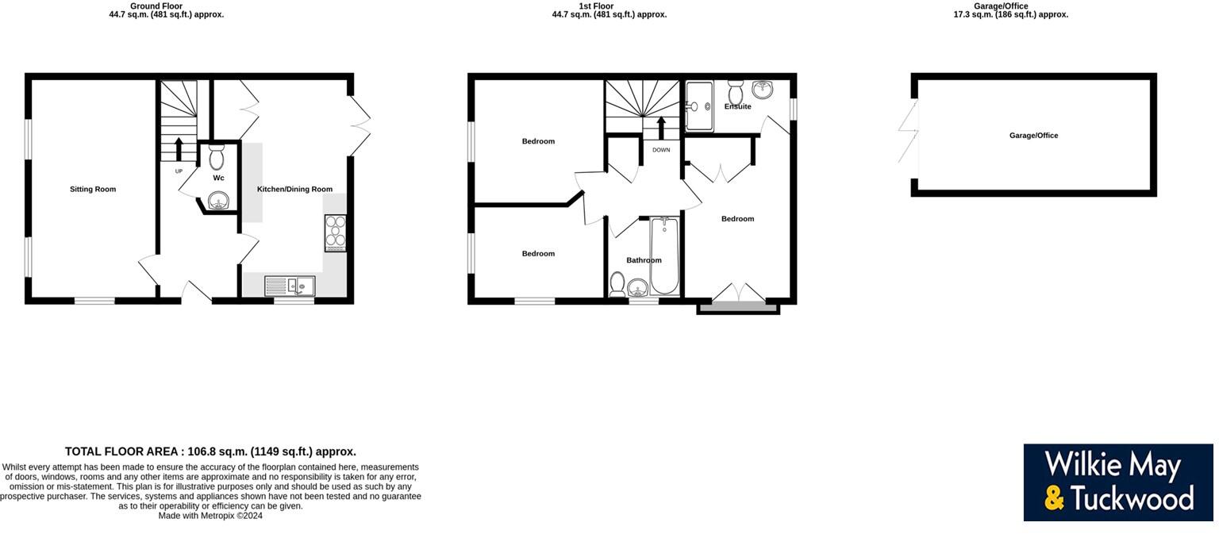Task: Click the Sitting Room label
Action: coord(93,190)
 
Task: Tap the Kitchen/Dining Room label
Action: coord(294,190)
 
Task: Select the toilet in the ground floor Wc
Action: coord(217,159)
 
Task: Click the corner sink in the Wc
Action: coord(218,202)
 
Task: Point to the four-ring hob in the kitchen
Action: coord(335,233)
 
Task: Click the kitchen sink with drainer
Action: coord(290,286)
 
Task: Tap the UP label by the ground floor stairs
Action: coord(179,171)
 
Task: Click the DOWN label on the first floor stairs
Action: coord(661,150)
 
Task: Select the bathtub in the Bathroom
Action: coord(663,255)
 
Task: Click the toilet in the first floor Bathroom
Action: coord(617,283)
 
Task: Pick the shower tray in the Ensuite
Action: coord(700,106)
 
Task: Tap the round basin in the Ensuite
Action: coord(763,90)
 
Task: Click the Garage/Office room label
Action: coord(1033,136)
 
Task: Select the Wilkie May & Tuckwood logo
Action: coord(1117,482)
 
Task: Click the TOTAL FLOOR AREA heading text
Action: coord(210,451)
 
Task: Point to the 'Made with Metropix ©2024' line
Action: coord(210,516)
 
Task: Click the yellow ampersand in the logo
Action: coord(1054,498)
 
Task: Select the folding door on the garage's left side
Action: coord(907,131)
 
